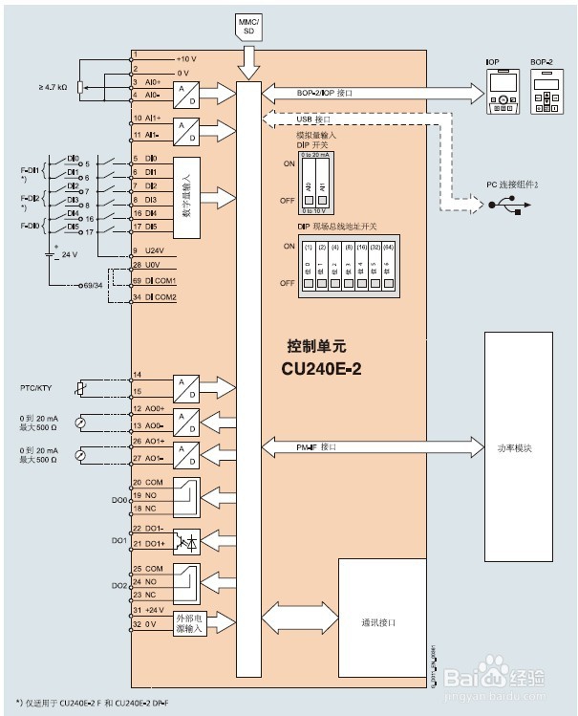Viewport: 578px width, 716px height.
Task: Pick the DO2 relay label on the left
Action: (x=119, y=583)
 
